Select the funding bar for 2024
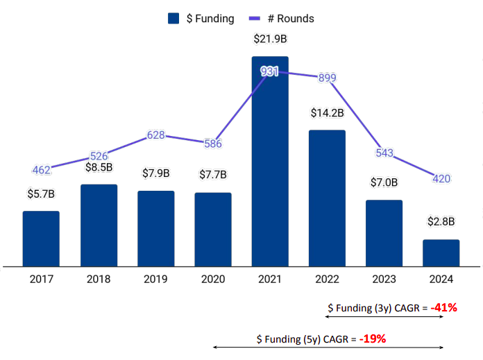coord(441,252)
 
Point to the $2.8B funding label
coord(441,222)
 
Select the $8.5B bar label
coord(99,167)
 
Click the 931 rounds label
coord(270,71)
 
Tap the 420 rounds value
coord(441,179)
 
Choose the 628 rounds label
coord(156,135)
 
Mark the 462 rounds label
coord(41,169)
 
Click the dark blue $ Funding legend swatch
coord(174,19)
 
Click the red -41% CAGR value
coord(443,307)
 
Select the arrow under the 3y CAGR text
coord(384,317)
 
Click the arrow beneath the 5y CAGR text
coord(327,348)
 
